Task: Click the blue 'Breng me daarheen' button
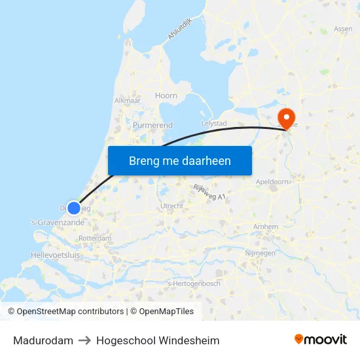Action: [180, 160]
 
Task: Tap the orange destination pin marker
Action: [286, 117]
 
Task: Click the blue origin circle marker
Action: [74, 207]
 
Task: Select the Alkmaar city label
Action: [127, 101]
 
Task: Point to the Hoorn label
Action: [166, 96]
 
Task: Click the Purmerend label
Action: [153, 125]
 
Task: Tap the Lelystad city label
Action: [213, 122]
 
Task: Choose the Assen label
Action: [343, 29]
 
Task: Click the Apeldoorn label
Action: [272, 182]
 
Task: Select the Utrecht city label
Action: [171, 206]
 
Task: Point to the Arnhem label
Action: [266, 226]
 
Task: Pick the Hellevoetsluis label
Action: [55, 255]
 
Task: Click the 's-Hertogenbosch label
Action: [193, 283]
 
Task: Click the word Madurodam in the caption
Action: [43, 340]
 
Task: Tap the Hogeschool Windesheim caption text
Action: [158, 340]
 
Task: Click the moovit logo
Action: [321, 339]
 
